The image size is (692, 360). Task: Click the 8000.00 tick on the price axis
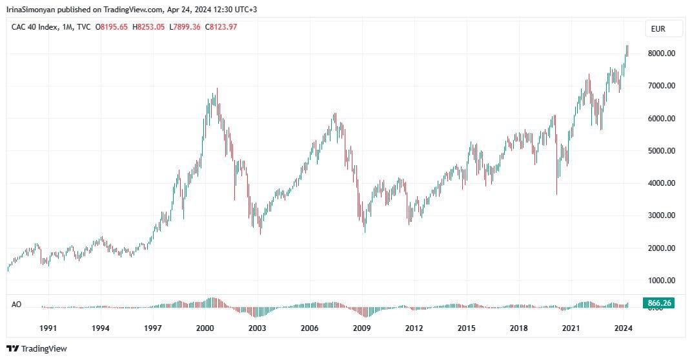[x=662, y=54]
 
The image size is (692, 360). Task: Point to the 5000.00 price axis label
[x=662, y=151]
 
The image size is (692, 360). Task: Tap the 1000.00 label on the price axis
[x=662, y=281]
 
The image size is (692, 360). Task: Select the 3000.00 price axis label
[x=662, y=215]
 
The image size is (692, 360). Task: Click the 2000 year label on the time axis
[x=205, y=328]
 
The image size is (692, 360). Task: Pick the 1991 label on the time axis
[x=48, y=328]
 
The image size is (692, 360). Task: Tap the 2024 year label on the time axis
[x=623, y=328]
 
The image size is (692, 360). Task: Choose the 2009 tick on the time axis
[x=361, y=328]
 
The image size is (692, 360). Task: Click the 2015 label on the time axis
[x=466, y=328]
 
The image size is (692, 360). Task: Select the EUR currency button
[x=658, y=29]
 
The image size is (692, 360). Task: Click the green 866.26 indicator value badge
[x=659, y=303]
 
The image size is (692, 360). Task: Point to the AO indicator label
[x=17, y=303]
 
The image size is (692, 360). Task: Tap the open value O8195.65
[x=112, y=26]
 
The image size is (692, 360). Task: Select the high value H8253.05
[x=148, y=26]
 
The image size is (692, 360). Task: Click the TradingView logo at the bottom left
[x=37, y=348]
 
